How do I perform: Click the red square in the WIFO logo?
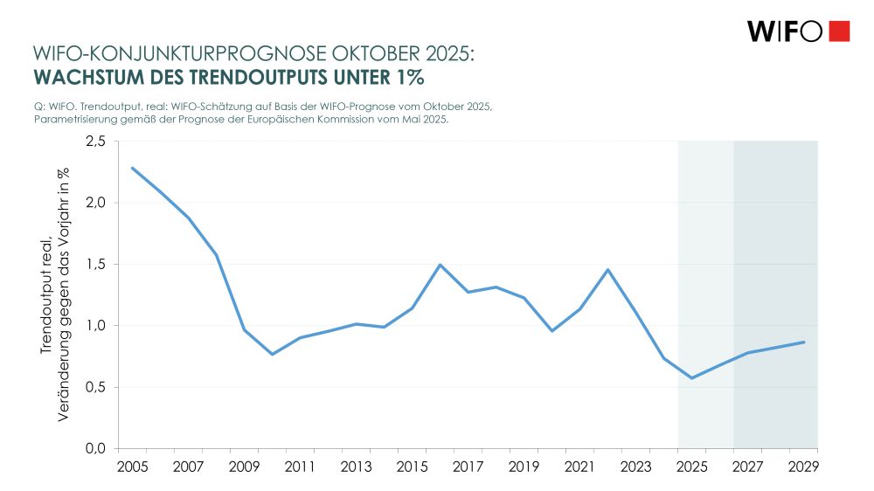[x=838, y=31]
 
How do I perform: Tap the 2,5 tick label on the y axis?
[x=95, y=142]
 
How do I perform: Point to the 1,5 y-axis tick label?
[x=95, y=265]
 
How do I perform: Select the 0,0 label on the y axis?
[x=95, y=448]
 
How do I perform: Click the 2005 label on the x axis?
[x=132, y=467]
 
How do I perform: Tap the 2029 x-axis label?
[x=803, y=467]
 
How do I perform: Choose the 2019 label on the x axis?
[x=524, y=467]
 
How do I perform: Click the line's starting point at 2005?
[x=132, y=168]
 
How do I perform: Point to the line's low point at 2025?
[x=691, y=378]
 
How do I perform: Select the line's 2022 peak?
[x=607, y=270]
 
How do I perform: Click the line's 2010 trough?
[x=272, y=354]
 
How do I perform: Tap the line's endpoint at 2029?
[x=803, y=342]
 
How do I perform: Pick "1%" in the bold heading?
[x=408, y=77]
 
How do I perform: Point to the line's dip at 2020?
[x=551, y=331]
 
